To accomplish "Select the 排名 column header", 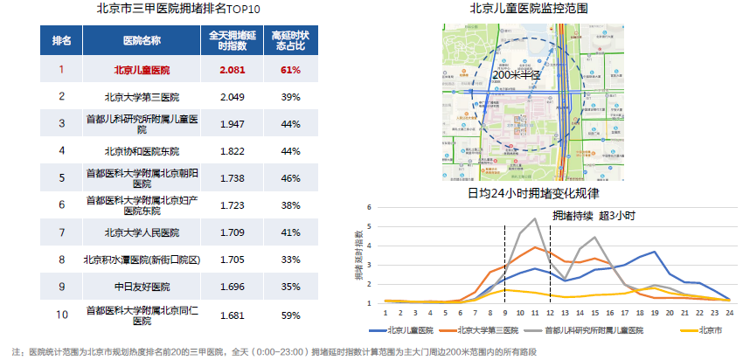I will click(x=61, y=41).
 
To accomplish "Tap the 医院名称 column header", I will click(x=142, y=41).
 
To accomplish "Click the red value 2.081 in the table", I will click(x=232, y=69).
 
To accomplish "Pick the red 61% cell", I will click(x=290, y=69).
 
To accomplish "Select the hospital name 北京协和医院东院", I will click(x=142, y=150).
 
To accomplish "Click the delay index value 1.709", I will click(x=232, y=232).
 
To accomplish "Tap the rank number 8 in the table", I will click(x=61, y=260).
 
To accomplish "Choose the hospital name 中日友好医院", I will click(x=142, y=287).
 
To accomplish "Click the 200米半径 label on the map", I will click(x=517, y=76).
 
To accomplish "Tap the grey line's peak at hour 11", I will click(x=534, y=219).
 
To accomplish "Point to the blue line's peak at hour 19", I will click(x=654, y=252).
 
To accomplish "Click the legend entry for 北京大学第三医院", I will click(x=474, y=330).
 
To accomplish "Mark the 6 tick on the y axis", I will click(x=370, y=208).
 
